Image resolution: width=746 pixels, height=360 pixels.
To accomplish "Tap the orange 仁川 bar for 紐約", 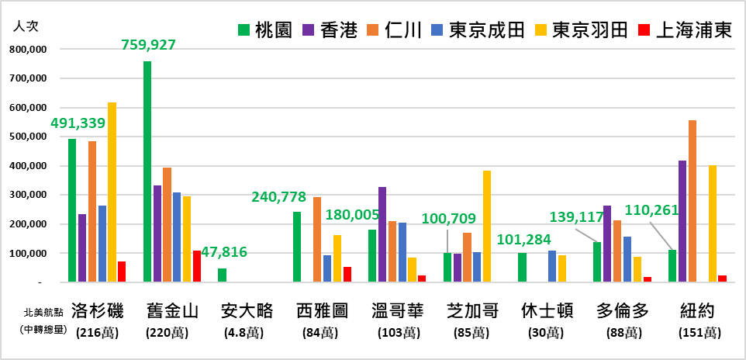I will point(692,201).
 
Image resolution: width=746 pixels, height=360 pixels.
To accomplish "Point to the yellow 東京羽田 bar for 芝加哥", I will point(487,226).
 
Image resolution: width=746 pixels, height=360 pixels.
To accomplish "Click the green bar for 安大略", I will point(223,275).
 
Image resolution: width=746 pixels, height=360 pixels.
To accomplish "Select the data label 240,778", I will point(278,197).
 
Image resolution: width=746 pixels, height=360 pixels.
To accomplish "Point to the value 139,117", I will point(577,216).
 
